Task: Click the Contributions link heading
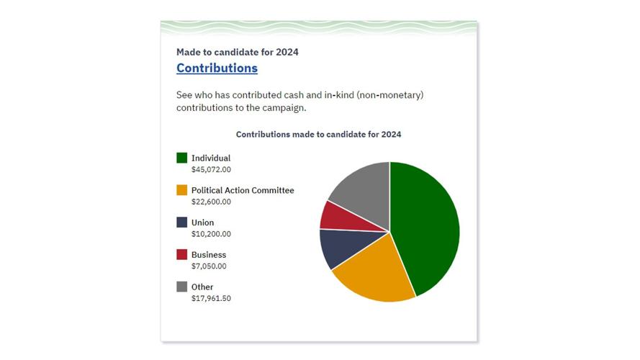pyautogui.click(x=217, y=68)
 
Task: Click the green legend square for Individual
pyautogui.click(x=182, y=158)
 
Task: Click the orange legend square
pyautogui.click(x=182, y=190)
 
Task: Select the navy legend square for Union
pyautogui.click(x=182, y=222)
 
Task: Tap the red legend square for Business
pyautogui.click(x=182, y=255)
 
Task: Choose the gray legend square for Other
pyautogui.click(x=182, y=287)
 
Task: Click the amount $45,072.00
pyautogui.click(x=211, y=170)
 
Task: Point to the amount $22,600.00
pyautogui.click(x=211, y=202)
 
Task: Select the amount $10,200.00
pyautogui.click(x=211, y=235)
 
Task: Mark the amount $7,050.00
pyautogui.click(x=209, y=266)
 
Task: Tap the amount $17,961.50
pyautogui.click(x=211, y=299)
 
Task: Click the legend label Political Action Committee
pyautogui.click(x=243, y=190)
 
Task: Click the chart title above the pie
pyautogui.click(x=318, y=135)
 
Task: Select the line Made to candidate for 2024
pyautogui.click(x=237, y=52)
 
